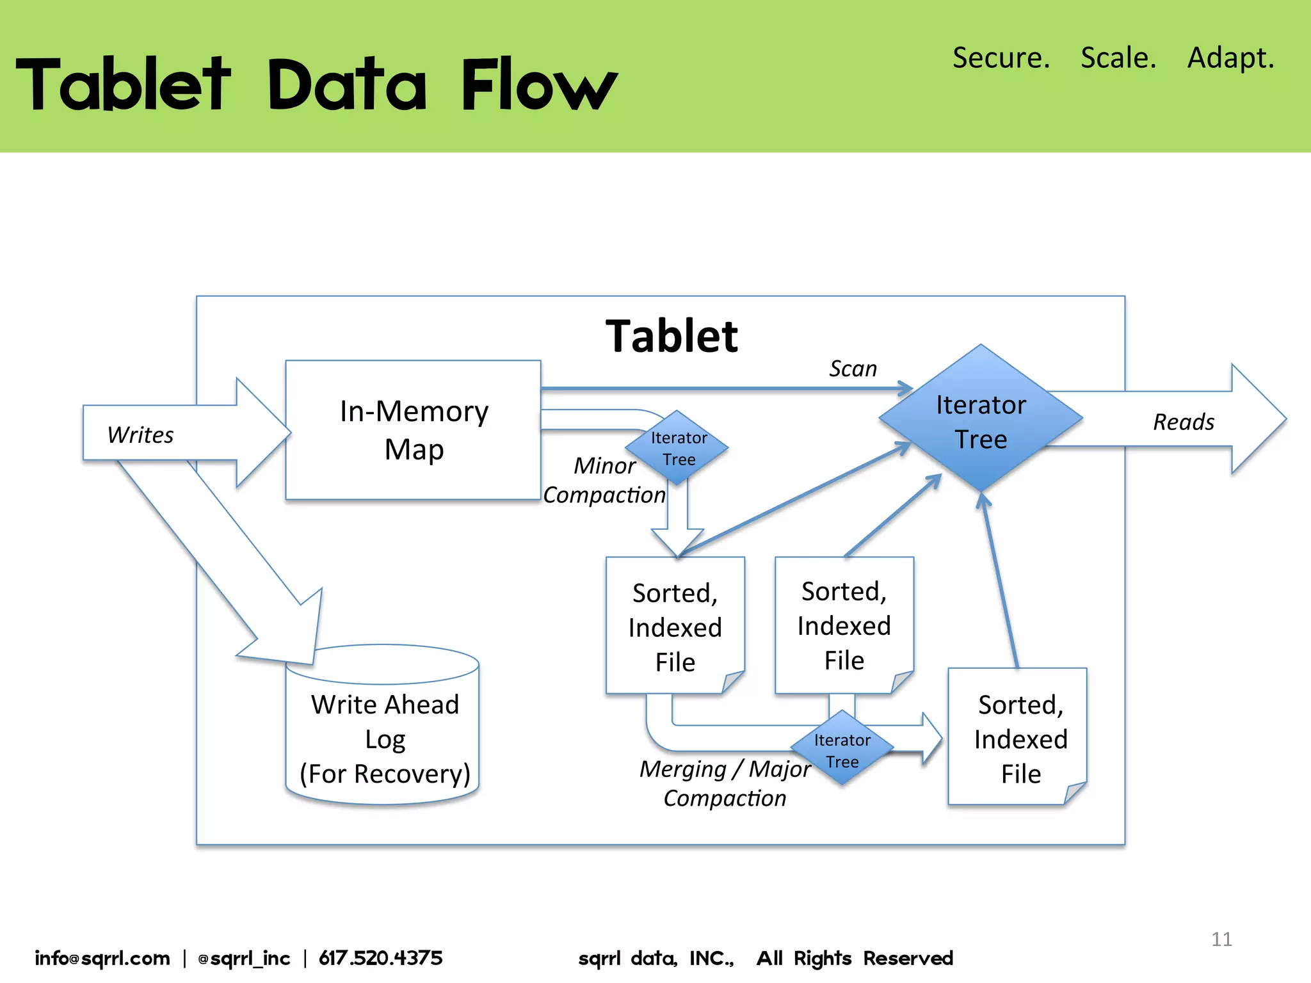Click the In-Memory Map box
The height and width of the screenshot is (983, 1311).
point(414,429)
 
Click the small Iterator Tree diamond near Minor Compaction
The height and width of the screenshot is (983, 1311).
point(678,448)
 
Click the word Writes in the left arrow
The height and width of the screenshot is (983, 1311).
point(140,435)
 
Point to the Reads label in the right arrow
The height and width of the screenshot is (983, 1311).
point(1183,422)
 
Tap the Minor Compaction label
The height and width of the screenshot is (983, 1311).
point(604,480)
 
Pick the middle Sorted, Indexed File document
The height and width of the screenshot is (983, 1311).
point(844,625)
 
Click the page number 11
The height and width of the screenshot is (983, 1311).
point(1221,939)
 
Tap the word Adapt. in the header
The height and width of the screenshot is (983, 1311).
point(1230,58)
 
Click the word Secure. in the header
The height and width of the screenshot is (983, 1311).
point(1001,58)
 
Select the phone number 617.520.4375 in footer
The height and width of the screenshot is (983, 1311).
point(380,958)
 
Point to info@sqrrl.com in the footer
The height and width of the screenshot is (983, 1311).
point(102,958)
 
